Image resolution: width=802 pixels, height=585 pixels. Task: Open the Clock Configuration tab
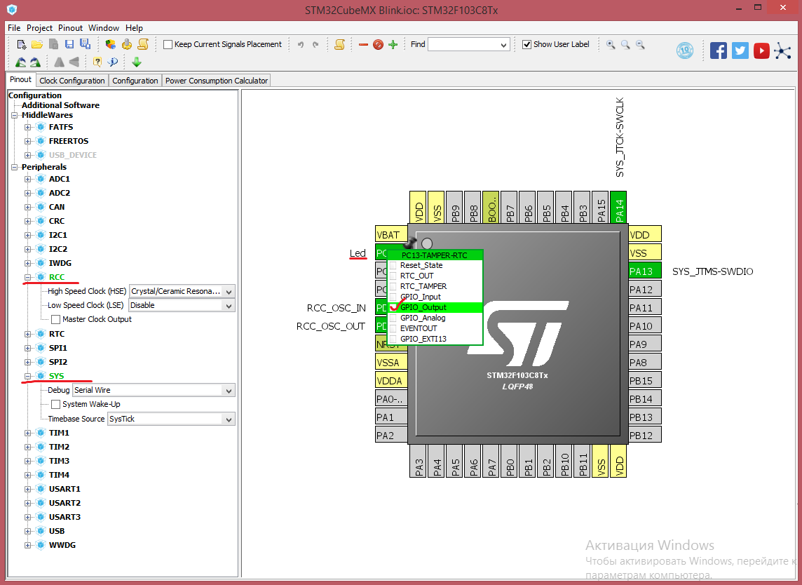pyautogui.click(x=72, y=81)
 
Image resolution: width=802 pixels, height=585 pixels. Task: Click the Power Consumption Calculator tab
pyautogui.click(x=217, y=81)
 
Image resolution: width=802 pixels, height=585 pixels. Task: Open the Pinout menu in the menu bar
pyautogui.click(x=70, y=27)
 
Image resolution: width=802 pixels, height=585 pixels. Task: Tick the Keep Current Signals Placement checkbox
pyautogui.click(x=168, y=44)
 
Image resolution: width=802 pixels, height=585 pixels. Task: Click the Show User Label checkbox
pyautogui.click(x=526, y=44)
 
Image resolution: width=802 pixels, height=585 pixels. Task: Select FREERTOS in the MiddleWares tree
pyautogui.click(x=69, y=141)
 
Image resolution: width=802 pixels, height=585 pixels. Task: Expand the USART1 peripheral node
pyautogui.click(x=27, y=489)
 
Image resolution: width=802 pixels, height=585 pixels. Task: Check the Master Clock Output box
pyautogui.click(x=56, y=319)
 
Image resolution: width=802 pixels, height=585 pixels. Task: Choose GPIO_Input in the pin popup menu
pyautogui.click(x=421, y=297)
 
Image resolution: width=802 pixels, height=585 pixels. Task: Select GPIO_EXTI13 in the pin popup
pyautogui.click(x=423, y=339)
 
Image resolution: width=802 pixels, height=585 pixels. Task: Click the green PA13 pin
pyautogui.click(x=644, y=271)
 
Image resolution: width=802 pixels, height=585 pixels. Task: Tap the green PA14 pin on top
pyautogui.click(x=619, y=207)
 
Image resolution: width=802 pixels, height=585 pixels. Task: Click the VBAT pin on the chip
pyautogui.click(x=390, y=234)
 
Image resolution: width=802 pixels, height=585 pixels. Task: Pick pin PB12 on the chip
pyautogui.click(x=644, y=435)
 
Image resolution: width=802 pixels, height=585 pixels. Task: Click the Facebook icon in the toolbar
pyautogui.click(x=718, y=51)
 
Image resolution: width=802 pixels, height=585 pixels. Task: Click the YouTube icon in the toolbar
pyautogui.click(x=761, y=51)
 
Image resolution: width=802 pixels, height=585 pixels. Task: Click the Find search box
pyautogui.click(x=468, y=44)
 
